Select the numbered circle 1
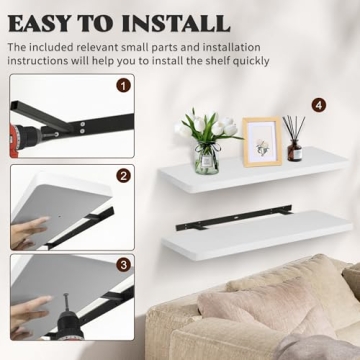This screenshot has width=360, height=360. [x=123, y=85]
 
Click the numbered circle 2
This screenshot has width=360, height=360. [x=123, y=176]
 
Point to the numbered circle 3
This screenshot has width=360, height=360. [x=123, y=265]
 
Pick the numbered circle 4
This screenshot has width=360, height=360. [x=318, y=104]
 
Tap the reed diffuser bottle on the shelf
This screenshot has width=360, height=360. [x=295, y=151]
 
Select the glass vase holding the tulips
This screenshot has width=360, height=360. [x=206, y=159]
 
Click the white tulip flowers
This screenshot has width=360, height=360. [x=206, y=126]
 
